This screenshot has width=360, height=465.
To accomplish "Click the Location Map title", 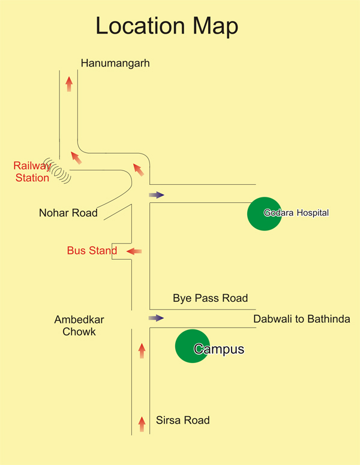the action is (x=167, y=26).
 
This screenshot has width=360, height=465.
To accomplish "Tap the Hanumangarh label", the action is (x=115, y=64).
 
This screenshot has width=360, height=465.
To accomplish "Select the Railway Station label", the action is (x=32, y=172).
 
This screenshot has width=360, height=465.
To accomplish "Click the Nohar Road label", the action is (x=68, y=213).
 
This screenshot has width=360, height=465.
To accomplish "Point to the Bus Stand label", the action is (x=92, y=251).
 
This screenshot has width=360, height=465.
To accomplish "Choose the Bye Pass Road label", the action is (x=210, y=298).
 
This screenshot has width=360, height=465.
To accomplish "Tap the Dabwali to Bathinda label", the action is (x=302, y=319).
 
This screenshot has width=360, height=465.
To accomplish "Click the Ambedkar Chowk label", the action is (x=79, y=326).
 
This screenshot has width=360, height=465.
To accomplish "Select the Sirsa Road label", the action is (x=182, y=420).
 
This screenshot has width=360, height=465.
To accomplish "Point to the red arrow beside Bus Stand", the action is (x=134, y=251).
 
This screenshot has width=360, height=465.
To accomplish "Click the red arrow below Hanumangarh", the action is (x=69, y=84).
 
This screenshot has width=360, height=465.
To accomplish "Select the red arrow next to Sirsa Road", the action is (x=142, y=424).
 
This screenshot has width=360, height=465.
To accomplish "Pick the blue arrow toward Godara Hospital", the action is (x=157, y=195).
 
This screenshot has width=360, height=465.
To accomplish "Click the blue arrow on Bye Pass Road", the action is (x=156, y=318).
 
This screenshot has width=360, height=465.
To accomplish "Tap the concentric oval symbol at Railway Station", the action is (x=57, y=170).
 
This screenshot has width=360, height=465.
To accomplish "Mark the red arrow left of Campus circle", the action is (x=142, y=351).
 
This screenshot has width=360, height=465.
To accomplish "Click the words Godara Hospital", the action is (x=296, y=213).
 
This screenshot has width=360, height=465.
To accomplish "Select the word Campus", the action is (x=219, y=349).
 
